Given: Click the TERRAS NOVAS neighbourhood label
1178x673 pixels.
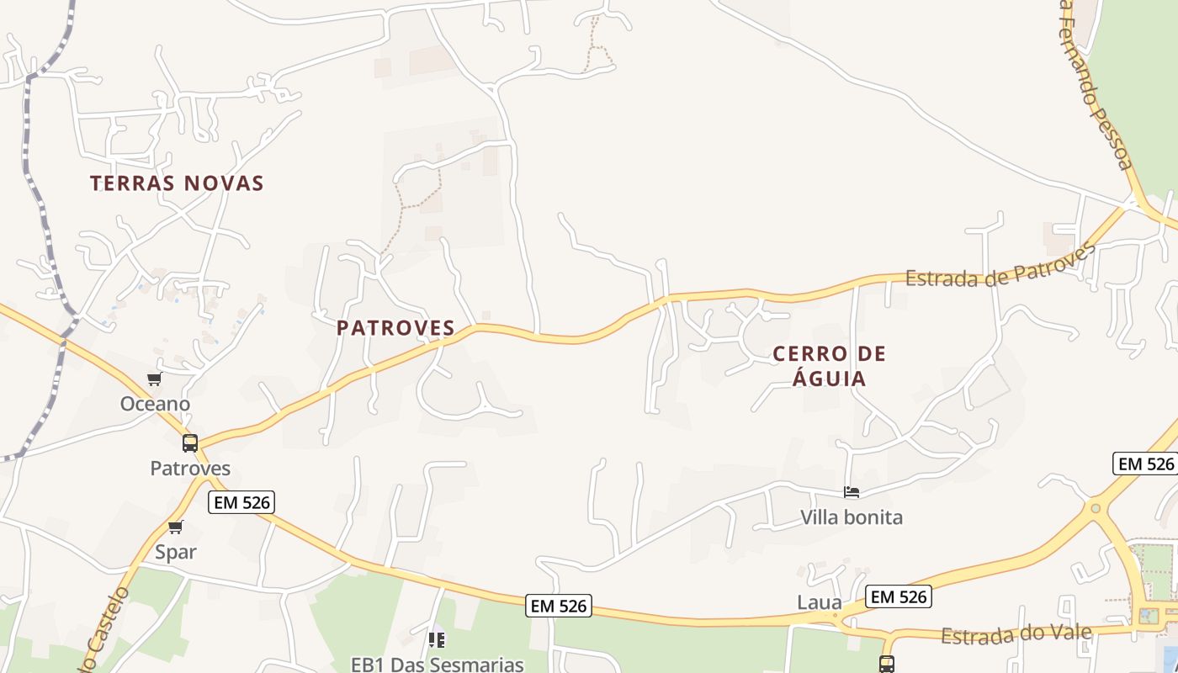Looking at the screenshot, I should pyautogui.click(x=177, y=183).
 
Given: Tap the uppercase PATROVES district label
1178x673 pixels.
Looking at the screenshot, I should pyautogui.click(x=395, y=328).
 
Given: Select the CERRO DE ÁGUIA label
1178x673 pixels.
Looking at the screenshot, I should pyautogui.click(x=830, y=366).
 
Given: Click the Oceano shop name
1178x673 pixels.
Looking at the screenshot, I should pyautogui.click(x=155, y=404).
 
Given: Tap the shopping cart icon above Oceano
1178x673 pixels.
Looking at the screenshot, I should pyautogui.click(x=154, y=379).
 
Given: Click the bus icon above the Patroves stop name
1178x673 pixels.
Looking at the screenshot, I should pyautogui.click(x=190, y=443).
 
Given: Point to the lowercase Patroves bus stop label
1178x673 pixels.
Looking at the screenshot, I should pyautogui.click(x=190, y=468).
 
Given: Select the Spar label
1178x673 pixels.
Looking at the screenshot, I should pyautogui.click(x=176, y=552).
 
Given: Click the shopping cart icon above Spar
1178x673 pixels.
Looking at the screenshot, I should pyautogui.click(x=175, y=527).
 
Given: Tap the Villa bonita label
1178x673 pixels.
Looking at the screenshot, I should pyautogui.click(x=852, y=517).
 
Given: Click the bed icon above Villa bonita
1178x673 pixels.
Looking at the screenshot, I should pyautogui.click(x=852, y=492).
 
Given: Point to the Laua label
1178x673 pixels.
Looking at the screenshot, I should pyautogui.click(x=819, y=602).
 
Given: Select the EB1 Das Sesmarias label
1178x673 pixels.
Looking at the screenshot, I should pyautogui.click(x=438, y=664).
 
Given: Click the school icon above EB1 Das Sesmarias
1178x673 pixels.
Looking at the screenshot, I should pyautogui.click(x=437, y=640).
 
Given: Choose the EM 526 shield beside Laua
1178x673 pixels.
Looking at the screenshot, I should pyautogui.click(x=899, y=596).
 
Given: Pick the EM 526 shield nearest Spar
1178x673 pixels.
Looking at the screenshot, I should pyautogui.click(x=241, y=503).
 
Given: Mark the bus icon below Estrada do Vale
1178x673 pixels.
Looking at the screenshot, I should pyautogui.click(x=886, y=664).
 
